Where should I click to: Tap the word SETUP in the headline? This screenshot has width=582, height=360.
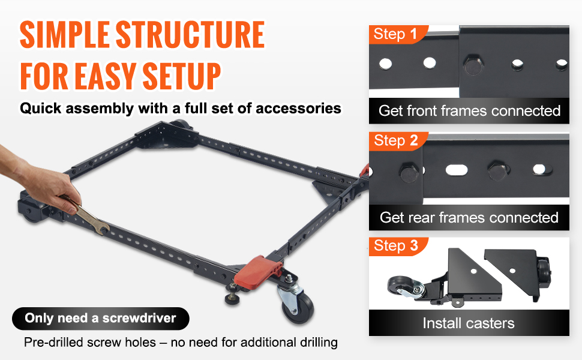pyautogui.click(x=182, y=76)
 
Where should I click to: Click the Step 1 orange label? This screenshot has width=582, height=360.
pyautogui.click(x=398, y=35)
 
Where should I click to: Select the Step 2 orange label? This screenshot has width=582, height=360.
pyautogui.click(x=398, y=141)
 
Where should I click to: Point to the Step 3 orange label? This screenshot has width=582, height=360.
pyautogui.click(x=398, y=246)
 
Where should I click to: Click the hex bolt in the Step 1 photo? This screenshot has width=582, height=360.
pyautogui.click(x=473, y=65)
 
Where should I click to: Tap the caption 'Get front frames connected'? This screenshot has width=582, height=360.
pyautogui.click(x=469, y=110)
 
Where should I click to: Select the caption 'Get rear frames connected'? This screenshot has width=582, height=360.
pyautogui.click(x=469, y=217)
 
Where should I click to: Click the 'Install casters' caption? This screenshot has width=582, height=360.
pyautogui.click(x=469, y=323)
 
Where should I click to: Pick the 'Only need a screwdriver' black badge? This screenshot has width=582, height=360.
pyautogui.click(x=101, y=319)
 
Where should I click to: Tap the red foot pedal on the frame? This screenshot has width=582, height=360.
pyautogui.click(x=258, y=271)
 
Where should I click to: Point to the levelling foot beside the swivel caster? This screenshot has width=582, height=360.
pyautogui.click(x=233, y=295)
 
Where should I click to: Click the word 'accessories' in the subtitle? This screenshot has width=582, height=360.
pyautogui.click(x=298, y=109)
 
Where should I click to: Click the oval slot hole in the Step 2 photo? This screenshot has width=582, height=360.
pyautogui.click(x=457, y=170)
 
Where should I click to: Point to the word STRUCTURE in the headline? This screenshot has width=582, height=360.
pyautogui.click(x=190, y=35)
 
